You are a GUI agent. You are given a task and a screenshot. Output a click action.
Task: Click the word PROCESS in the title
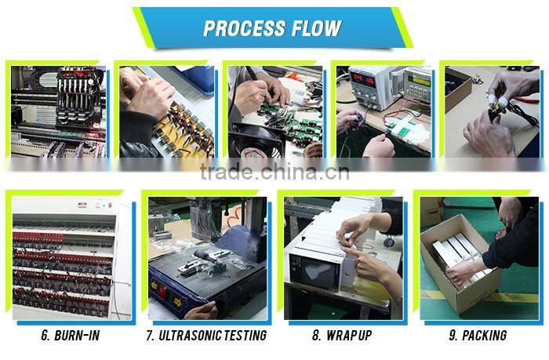point(242,29)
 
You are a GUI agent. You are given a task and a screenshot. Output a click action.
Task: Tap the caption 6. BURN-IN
point(70,336)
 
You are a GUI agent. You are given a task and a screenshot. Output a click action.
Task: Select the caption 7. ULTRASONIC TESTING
point(206,336)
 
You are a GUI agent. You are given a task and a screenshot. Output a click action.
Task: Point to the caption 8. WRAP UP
point(343,336)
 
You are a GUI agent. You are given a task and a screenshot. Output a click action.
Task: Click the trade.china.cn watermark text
point(274,172)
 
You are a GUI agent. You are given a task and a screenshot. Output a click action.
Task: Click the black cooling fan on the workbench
point(256,141)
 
